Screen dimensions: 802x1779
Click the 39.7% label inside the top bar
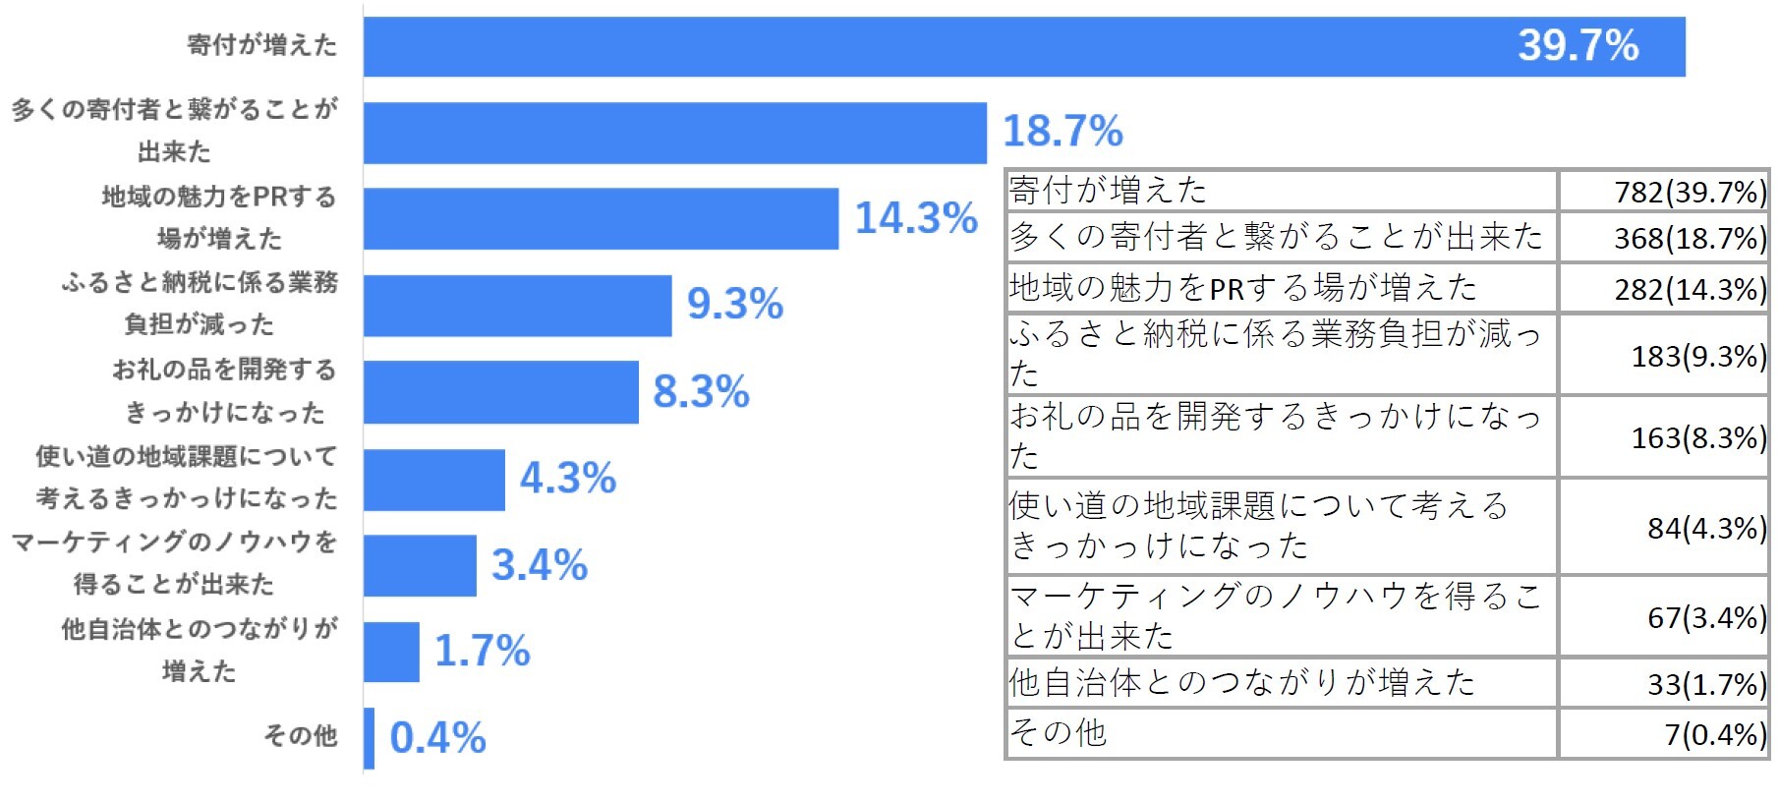tap(1578, 45)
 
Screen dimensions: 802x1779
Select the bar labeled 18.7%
tap(674, 133)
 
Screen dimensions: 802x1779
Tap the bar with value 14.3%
tap(601, 218)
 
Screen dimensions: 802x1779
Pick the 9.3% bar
tap(517, 305)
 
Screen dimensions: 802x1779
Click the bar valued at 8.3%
tap(500, 391)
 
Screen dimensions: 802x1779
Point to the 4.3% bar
tap(433, 480)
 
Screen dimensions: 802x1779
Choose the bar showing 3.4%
tap(420, 565)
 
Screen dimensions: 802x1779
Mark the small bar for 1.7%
tap(391, 651)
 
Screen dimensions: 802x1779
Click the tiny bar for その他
tap(369, 737)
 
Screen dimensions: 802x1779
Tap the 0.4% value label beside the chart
tap(437, 738)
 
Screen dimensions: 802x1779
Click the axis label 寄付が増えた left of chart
tap(262, 45)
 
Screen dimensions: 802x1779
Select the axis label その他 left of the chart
tap(301, 735)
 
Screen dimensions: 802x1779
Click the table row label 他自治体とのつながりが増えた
tap(1242, 682)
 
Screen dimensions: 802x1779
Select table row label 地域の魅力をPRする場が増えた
tap(1243, 288)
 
